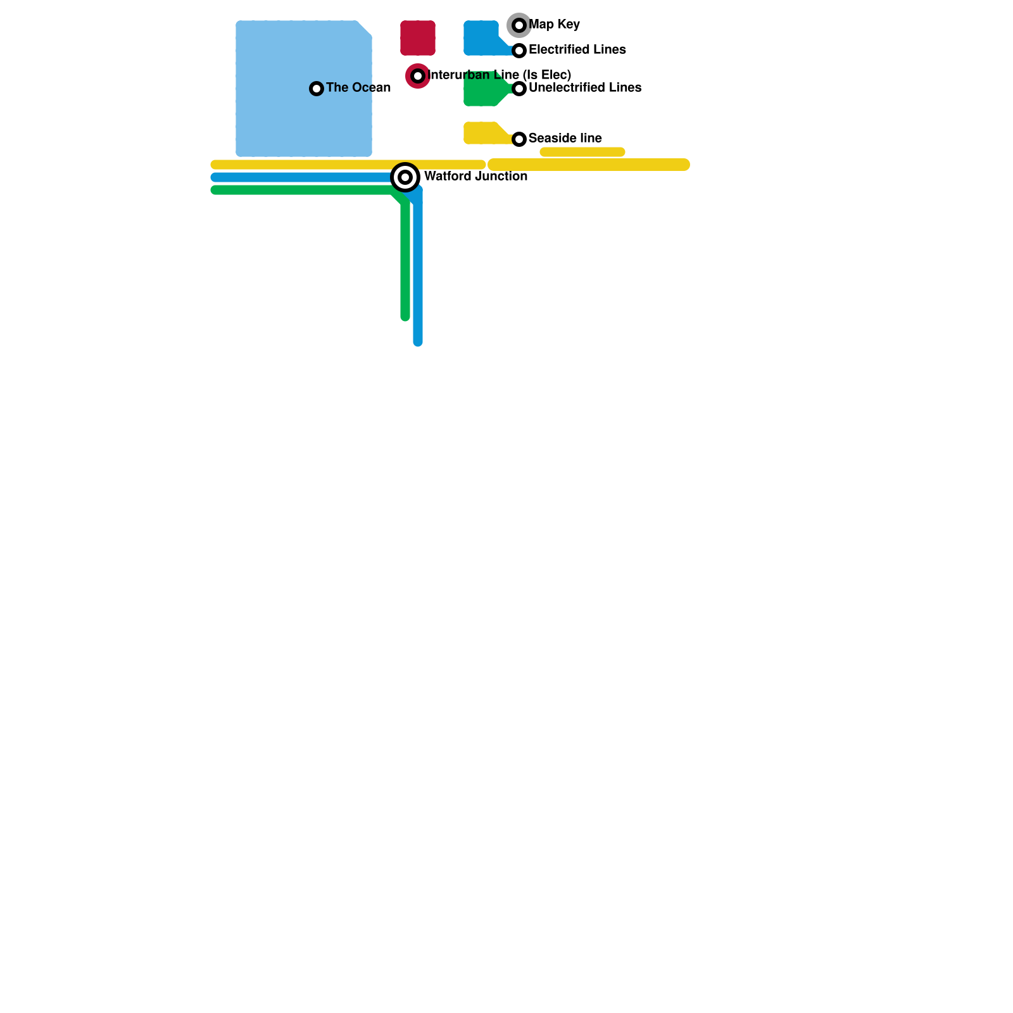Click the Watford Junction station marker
point(405,177)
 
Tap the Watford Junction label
point(475,177)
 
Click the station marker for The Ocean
point(317,89)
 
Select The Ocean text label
point(358,88)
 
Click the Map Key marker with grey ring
point(519,25)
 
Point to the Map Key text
point(554,25)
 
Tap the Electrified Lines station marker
point(519,51)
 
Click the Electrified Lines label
point(577,50)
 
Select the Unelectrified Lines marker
point(519,89)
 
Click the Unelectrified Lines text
point(584,88)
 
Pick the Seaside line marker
point(519,139)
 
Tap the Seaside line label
point(565,139)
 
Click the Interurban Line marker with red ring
point(418,76)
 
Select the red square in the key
point(418,38)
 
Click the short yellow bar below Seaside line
point(582,152)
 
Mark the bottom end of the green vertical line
point(405,316)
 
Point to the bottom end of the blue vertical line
point(418,341)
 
